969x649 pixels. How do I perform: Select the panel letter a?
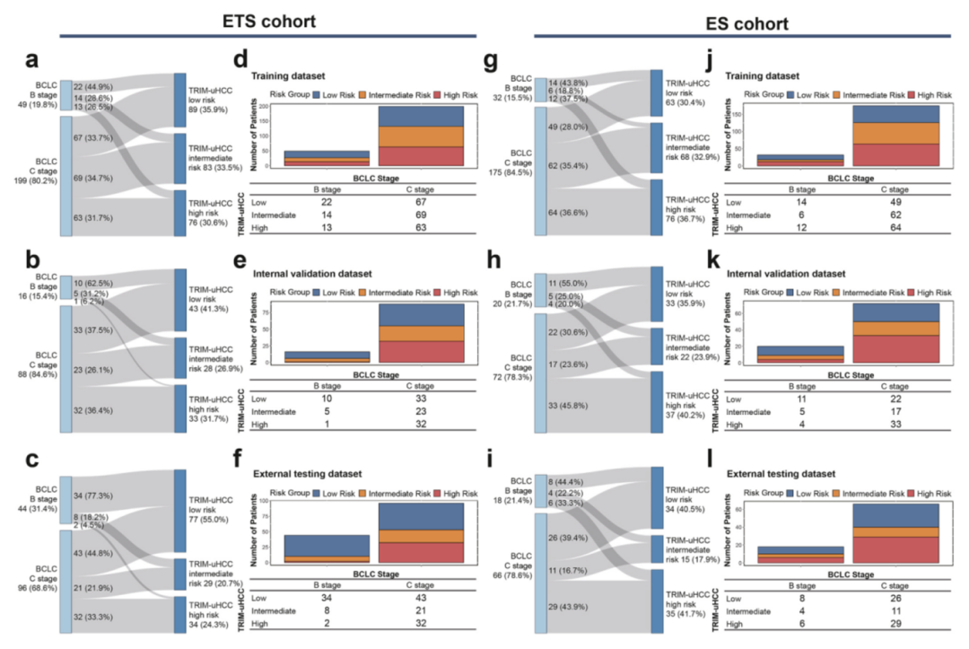32,61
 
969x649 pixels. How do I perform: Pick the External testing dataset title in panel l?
780,473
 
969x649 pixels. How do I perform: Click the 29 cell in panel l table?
886,623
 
